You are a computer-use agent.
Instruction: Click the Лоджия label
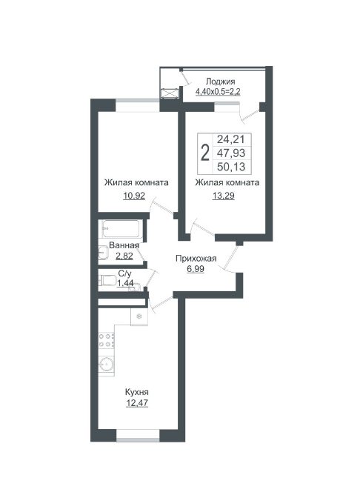point(220,82)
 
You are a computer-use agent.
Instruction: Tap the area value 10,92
point(134,196)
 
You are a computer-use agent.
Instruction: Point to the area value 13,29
point(224,196)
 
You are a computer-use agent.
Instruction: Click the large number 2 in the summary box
point(205,153)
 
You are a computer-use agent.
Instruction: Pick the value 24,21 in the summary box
point(231,139)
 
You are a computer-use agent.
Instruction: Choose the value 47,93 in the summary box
point(231,153)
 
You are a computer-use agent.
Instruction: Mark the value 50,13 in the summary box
point(231,167)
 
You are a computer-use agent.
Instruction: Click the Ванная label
point(124,245)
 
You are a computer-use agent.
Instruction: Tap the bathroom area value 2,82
point(124,256)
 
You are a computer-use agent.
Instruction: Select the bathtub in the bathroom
point(121,229)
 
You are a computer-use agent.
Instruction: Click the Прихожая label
point(196,259)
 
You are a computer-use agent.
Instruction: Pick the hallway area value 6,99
point(196,269)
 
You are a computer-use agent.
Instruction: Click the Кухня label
point(137,392)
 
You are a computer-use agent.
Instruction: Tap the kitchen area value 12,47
point(137,403)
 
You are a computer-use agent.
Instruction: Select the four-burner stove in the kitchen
point(107,340)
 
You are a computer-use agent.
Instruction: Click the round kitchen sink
point(107,364)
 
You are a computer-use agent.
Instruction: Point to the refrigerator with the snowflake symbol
point(139,316)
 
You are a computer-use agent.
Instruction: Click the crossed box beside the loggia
point(170,93)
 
